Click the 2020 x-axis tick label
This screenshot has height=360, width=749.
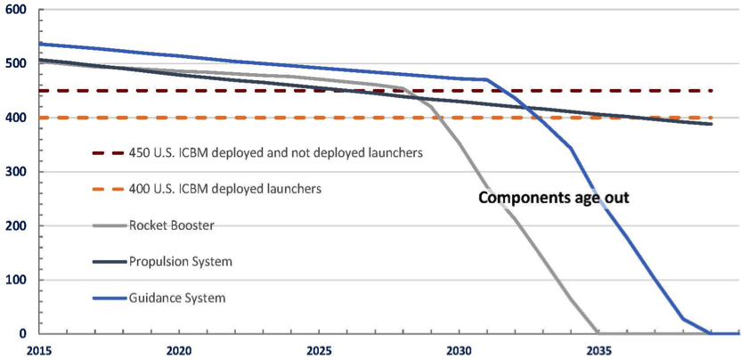pos(179,351)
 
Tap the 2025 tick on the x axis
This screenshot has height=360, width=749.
pos(319,351)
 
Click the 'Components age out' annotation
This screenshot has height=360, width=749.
pos(554,198)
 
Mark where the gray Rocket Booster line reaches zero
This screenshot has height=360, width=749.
pos(598,332)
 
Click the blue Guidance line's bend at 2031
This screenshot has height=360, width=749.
pos(487,80)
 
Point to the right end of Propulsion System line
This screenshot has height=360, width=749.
pos(711,124)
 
